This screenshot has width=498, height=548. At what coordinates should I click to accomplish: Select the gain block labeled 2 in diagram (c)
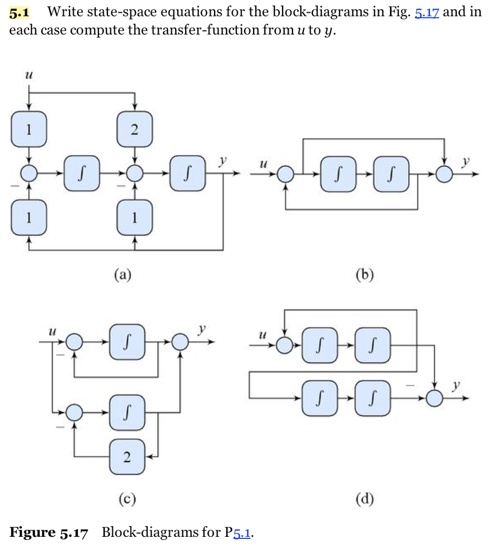pos(127,457)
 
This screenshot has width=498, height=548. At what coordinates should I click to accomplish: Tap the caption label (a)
pos(123,275)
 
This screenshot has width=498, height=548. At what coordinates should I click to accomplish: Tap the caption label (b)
pos(365,275)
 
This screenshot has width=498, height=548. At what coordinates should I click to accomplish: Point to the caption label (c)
pos(127,500)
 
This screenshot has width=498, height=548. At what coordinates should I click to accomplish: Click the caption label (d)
pos(365,500)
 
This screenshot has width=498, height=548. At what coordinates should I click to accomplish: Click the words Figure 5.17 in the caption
pos(49,533)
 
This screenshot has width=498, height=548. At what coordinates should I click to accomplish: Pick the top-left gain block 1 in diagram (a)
pos(28,130)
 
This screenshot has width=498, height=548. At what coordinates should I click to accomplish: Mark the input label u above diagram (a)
pos(28,77)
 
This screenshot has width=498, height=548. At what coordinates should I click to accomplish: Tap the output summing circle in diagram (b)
pos(444,173)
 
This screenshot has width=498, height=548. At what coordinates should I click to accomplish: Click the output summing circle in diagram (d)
pos(435,398)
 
